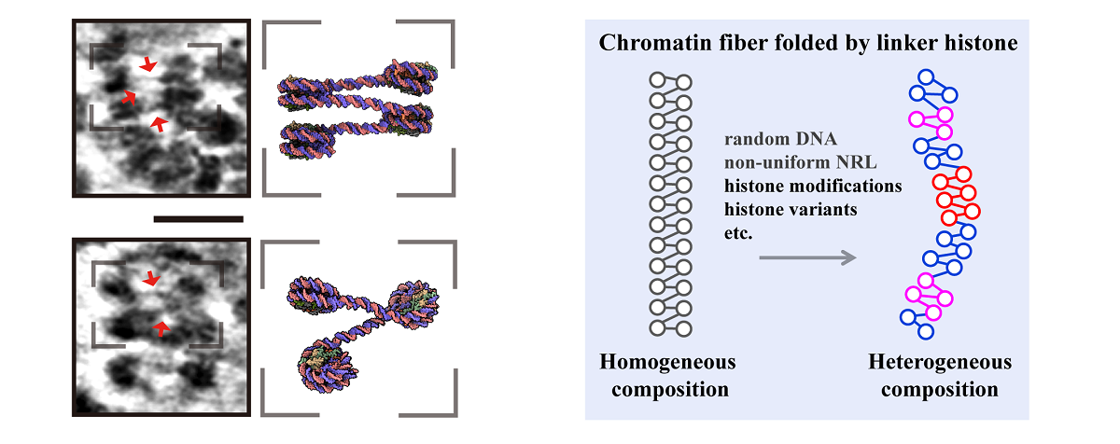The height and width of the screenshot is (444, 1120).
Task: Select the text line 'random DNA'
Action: [771, 140]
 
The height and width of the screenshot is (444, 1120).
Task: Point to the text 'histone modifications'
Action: [813, 185]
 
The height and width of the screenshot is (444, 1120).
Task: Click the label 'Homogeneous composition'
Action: [667, 375]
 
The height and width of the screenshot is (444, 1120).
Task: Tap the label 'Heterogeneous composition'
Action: [939, 375]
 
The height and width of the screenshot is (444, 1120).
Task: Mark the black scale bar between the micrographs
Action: [198, 219]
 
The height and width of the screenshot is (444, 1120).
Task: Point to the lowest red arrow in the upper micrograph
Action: [160, 124]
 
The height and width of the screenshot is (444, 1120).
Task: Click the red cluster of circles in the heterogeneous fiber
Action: [955, 195]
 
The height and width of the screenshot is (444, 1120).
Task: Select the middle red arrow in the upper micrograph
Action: [128, 96]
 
